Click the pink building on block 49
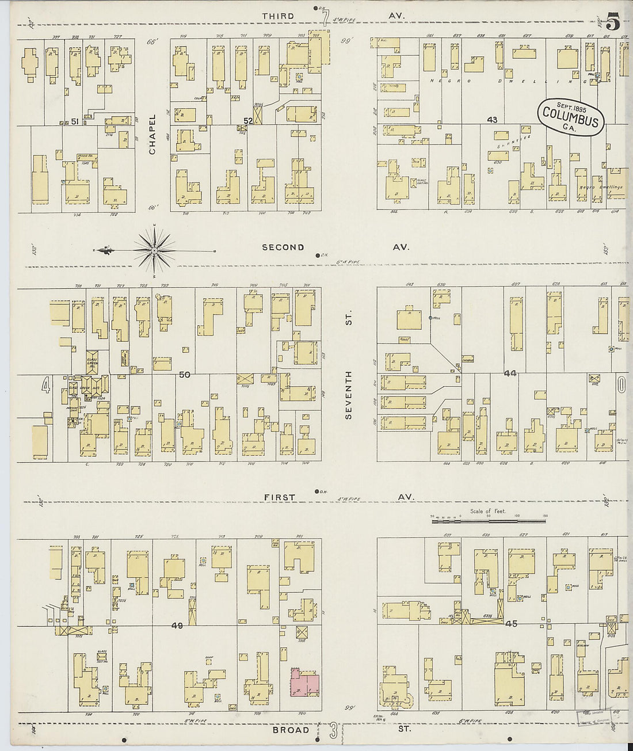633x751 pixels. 304,683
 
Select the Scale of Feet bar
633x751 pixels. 489,520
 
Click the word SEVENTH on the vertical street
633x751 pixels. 348,397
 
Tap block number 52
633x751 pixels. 248,120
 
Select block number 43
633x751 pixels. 491,120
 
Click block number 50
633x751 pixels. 184,375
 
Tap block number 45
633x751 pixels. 511,623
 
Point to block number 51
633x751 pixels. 75,121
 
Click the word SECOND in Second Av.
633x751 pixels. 283,247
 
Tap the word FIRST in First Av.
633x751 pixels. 280,497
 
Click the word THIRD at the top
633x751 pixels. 277,16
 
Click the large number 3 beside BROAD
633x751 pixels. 333,731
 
